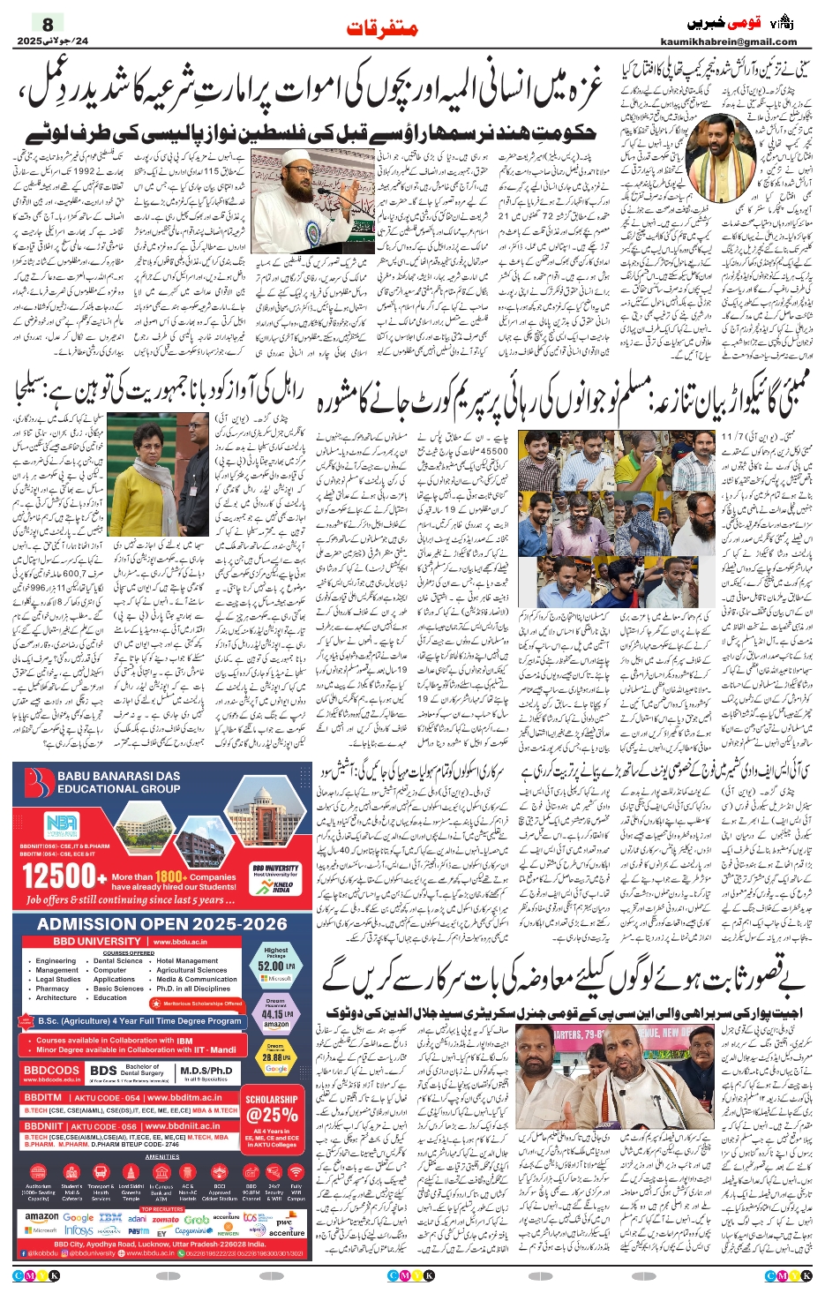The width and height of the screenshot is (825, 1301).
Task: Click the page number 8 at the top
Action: point(48,24)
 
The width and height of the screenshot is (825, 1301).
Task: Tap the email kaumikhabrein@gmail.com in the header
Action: point(728,41)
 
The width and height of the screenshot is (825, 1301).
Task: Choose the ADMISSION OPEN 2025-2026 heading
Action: point(162,924)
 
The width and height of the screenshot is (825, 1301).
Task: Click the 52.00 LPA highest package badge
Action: point(276,965)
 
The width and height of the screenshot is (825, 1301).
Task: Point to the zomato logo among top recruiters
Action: point(165,1219)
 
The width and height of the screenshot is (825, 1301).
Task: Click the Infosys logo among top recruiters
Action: point(79,1230)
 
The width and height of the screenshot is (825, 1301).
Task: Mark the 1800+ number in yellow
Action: point(169,876)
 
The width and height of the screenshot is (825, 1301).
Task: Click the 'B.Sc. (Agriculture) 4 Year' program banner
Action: point(139,1021)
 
